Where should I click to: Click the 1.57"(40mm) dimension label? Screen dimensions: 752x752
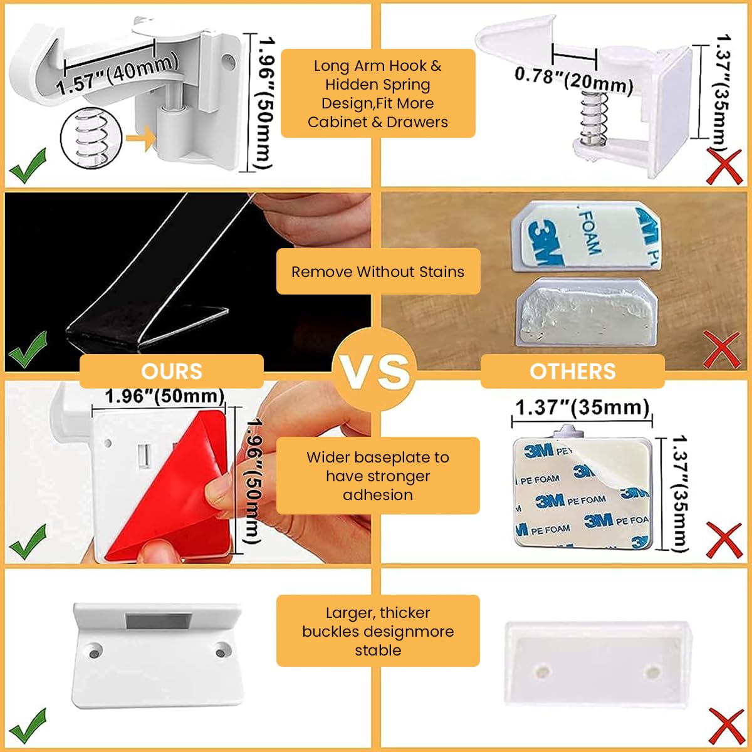tap(118, 75)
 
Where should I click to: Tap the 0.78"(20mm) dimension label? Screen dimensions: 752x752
tap(573, 80)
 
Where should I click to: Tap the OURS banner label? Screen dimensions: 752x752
tap(172, 371)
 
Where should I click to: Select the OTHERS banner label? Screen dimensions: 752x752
tap(572, 371)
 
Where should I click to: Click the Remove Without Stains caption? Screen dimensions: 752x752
tap(378, 272)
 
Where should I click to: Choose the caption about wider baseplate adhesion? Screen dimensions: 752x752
tap(378, 476)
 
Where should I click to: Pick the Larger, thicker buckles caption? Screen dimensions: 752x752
tap(378, 631)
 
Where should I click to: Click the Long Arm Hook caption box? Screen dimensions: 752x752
tap(378, 93)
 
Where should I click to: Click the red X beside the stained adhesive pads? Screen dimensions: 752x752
tap(722, 348)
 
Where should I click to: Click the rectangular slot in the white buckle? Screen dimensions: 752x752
tap(156, 622)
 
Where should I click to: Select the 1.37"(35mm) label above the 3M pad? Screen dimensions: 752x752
tap(582, 408)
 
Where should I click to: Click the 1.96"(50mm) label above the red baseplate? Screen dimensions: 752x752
tap(164, 397)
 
